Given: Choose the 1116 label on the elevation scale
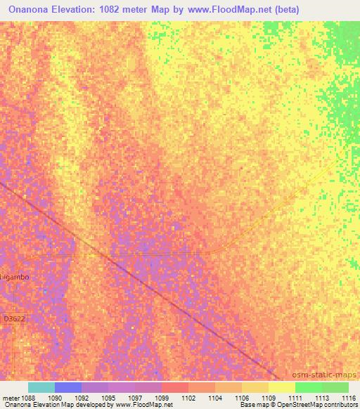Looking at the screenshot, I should (x=349, y=398).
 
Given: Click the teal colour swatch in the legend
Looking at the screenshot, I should (x=41, y=387).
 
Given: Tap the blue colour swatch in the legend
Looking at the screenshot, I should (x=68, y=387).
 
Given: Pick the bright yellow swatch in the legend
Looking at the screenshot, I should (x=282, y=387).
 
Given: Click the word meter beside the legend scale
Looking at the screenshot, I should (x=11, y=398).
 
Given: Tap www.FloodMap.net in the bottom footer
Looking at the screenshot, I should (x=143, y=405).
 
